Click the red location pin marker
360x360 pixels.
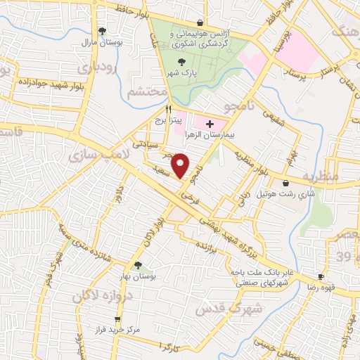181,166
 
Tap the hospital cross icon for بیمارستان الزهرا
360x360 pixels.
210,124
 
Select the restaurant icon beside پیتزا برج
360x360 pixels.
168,109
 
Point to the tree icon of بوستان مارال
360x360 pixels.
103,30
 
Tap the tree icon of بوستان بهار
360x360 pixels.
138,265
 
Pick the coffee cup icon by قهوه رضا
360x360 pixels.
321,277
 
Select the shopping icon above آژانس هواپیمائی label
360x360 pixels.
200,22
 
